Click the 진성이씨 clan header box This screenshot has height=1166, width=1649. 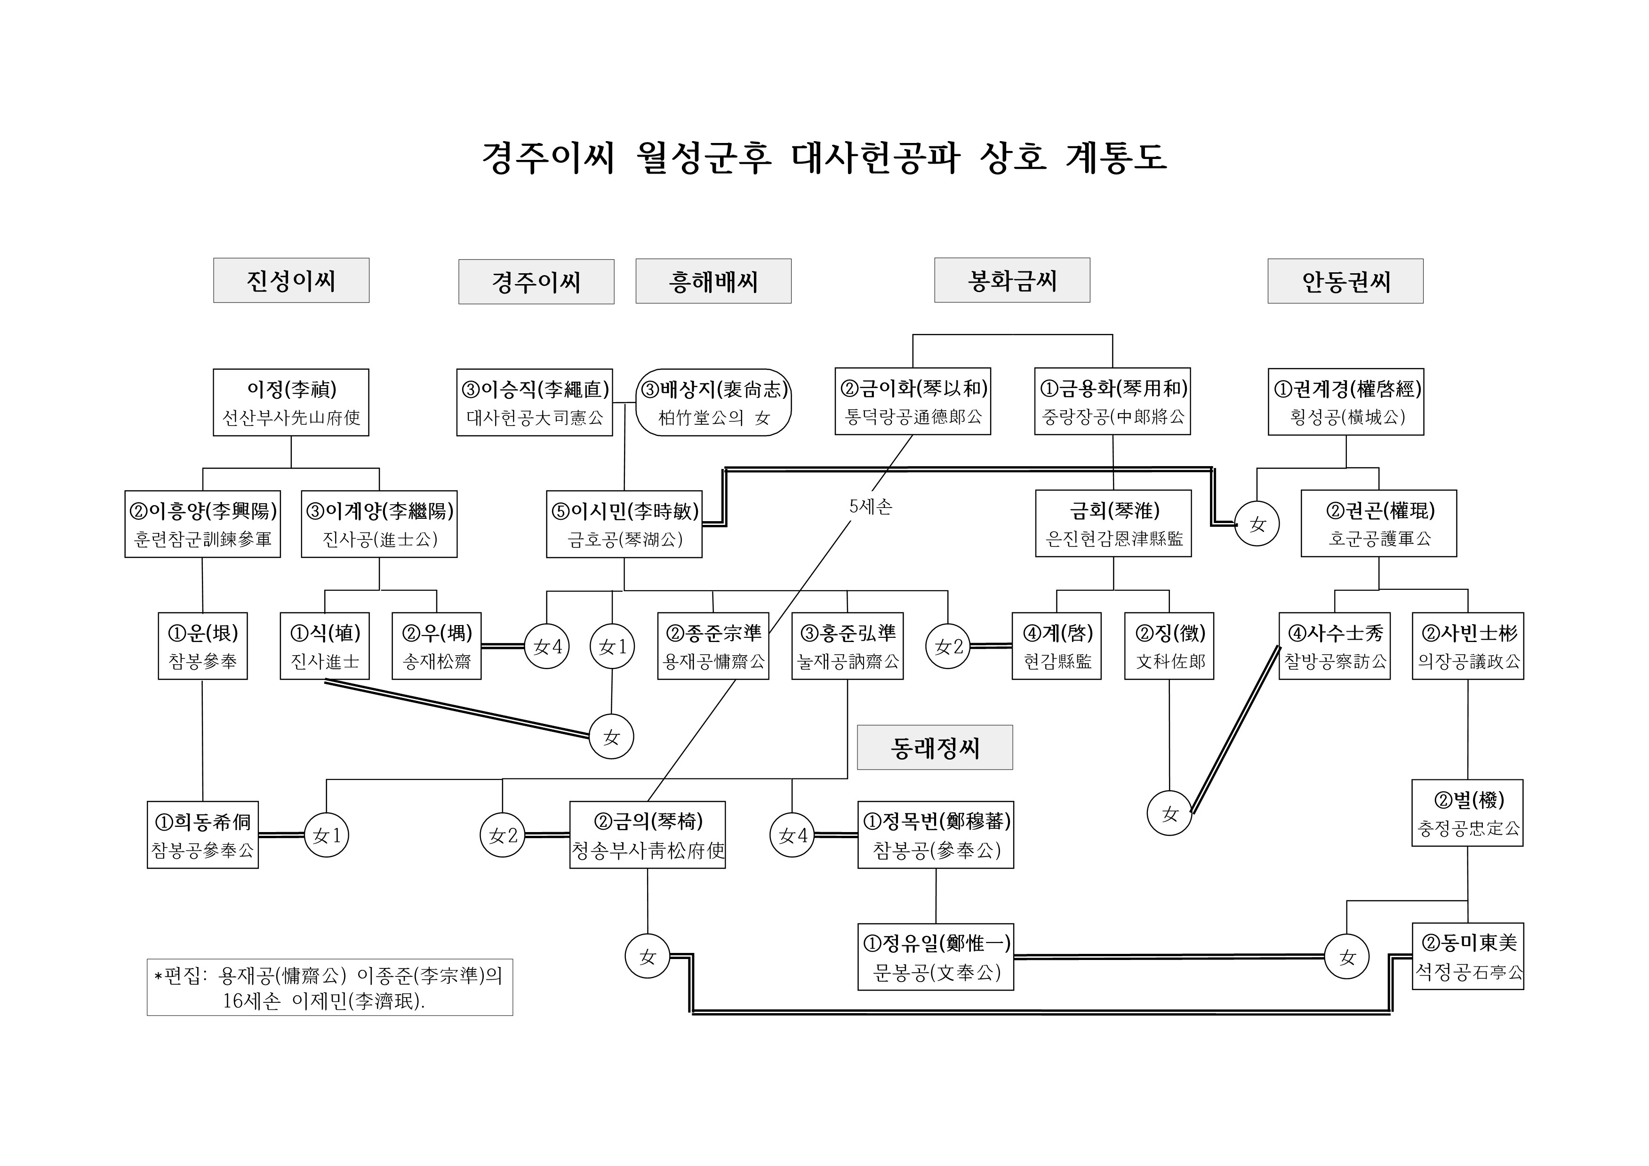coord(291,281)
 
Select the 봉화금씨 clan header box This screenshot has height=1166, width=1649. coord(1012,281)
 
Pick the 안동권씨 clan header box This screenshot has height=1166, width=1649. coord(1345,281)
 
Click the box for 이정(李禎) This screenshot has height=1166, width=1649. coord(291,403)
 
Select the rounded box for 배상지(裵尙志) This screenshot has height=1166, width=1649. coord(714,403)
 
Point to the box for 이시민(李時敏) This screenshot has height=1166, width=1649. coord(624,524)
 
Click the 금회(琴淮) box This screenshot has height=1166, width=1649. coord(1113,524)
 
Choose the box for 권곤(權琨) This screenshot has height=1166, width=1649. coord(1379,524)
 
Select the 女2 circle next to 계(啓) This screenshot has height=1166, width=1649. coord(948,647)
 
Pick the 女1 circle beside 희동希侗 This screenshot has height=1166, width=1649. coord(327,836)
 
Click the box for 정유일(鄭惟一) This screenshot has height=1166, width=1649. coord(936,957)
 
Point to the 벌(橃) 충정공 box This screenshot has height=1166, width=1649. coord(1467,813)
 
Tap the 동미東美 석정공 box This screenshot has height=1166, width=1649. coord(1468,957)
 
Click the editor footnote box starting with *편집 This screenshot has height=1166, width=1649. coord(329,988)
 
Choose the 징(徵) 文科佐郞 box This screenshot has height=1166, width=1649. coord(1169,646)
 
